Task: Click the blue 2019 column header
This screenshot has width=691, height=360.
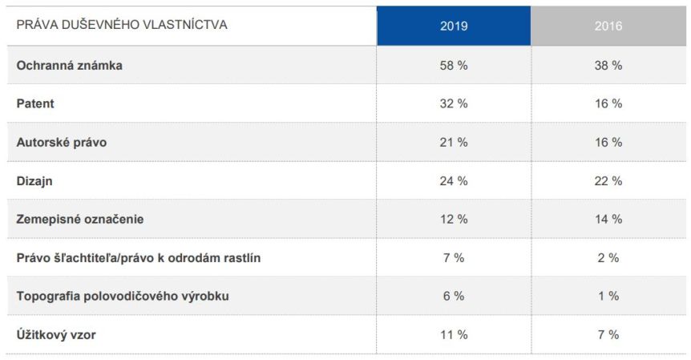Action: pos(454,26)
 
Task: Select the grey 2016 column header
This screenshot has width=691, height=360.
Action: pos(608,26)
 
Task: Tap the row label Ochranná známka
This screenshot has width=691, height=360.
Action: pos(70,66)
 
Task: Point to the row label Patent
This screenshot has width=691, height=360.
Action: pos(35,104)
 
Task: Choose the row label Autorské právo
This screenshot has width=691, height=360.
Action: pos(62,142)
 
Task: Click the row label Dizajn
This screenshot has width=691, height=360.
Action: pos(34,181)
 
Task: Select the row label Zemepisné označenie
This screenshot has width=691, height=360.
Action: pos(80,219)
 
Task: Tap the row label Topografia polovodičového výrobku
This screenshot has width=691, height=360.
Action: pos(123,296)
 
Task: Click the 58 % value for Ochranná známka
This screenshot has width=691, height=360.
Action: pos(454,66)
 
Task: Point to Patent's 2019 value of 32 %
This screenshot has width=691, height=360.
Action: pos(454,104)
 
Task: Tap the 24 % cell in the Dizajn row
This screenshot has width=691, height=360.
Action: pos(454,181)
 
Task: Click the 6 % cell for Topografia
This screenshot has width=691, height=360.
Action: pos(454,296)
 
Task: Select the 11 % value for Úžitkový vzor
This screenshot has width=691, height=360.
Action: pos(454,334)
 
